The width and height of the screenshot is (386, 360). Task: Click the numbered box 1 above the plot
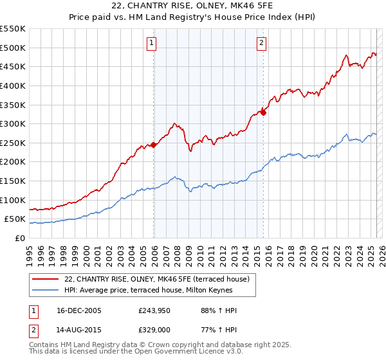151,44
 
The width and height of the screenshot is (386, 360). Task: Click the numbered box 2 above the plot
262,44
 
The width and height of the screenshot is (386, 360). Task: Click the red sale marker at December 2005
154,145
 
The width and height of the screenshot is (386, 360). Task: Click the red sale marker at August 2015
264,113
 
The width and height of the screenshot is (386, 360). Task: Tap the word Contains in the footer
45,346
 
